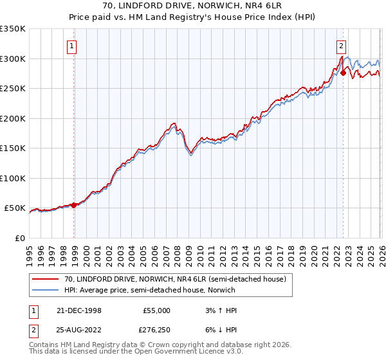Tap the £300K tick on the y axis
(13, 59)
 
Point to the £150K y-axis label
(13, 148)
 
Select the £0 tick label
(19, 238)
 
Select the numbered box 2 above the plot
(341, 46)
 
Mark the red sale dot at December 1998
(74, 205)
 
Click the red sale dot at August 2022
(344, 73)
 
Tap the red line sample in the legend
(46, 279)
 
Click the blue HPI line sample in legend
(46, 291)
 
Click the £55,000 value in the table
(156, 310)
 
